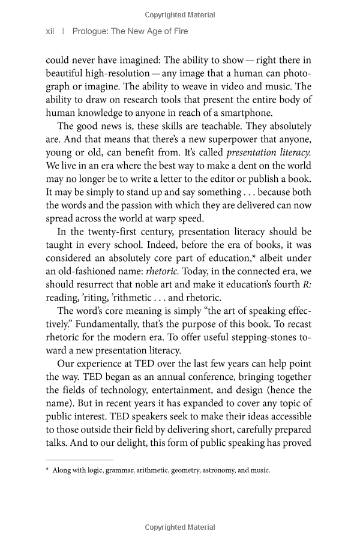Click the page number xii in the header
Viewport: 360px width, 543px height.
[50, 31]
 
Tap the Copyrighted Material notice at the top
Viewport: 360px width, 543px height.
[180, 14]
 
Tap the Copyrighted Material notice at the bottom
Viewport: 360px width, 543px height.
[180, 527]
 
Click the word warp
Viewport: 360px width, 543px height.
[176, 218]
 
